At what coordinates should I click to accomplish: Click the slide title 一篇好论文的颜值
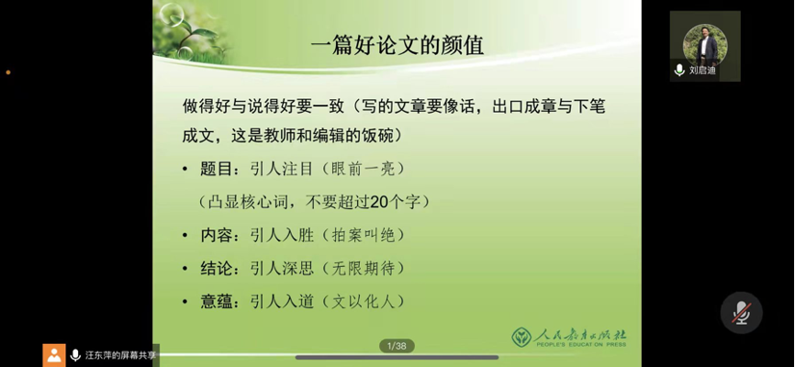click(397, 46)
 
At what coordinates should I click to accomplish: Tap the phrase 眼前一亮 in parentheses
click(363, 169)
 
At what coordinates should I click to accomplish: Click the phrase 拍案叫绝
click(363, 236)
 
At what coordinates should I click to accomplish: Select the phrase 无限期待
click(363, 269)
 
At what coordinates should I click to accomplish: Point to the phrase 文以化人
click(363, 302)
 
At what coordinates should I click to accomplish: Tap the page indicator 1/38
click(397, 346)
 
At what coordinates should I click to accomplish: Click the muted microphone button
click(741, 313)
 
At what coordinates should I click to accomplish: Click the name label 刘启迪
click(702, 71)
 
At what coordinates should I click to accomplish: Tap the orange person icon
click(54, 355)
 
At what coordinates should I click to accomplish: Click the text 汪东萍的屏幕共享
click(120, 355)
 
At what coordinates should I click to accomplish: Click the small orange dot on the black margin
click(8, 72)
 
